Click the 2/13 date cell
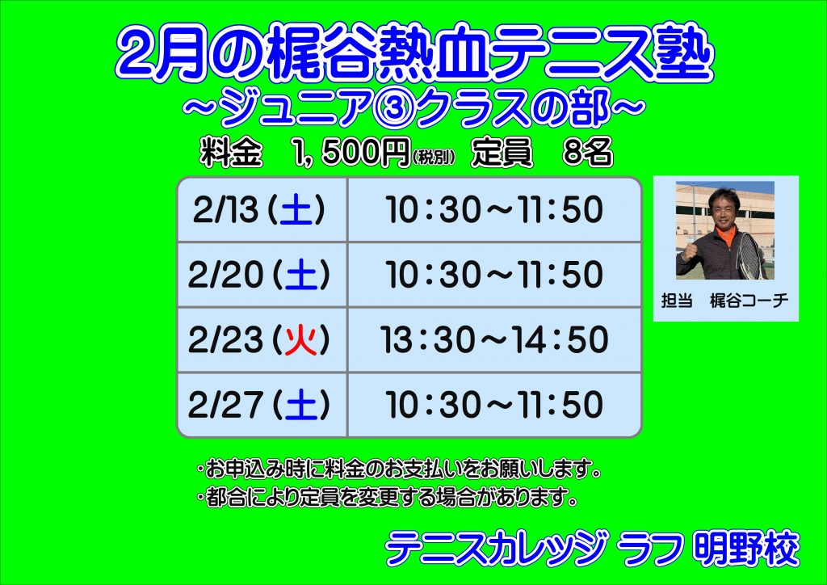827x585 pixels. [262, 210]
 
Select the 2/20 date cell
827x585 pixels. [262, 275]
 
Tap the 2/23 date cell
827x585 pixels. [262, 339]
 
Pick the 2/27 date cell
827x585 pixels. [262, 405]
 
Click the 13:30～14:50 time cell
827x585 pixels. [494, 339]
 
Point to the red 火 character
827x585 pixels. [300, 340]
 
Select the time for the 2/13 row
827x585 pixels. [494, 210]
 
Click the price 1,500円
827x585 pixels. [351, 153]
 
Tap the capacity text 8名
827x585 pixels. [588, 153]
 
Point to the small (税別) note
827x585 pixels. [433, 158]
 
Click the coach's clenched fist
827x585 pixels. [690, 251]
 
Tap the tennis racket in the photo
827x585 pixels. [750, 256]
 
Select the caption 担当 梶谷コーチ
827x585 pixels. [724, 301]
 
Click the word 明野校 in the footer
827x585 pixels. [745, 549]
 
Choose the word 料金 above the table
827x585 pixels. [231, 153]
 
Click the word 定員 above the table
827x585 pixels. [502, 153]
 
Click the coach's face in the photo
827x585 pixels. [724, 208]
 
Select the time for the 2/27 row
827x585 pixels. [494, 405]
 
